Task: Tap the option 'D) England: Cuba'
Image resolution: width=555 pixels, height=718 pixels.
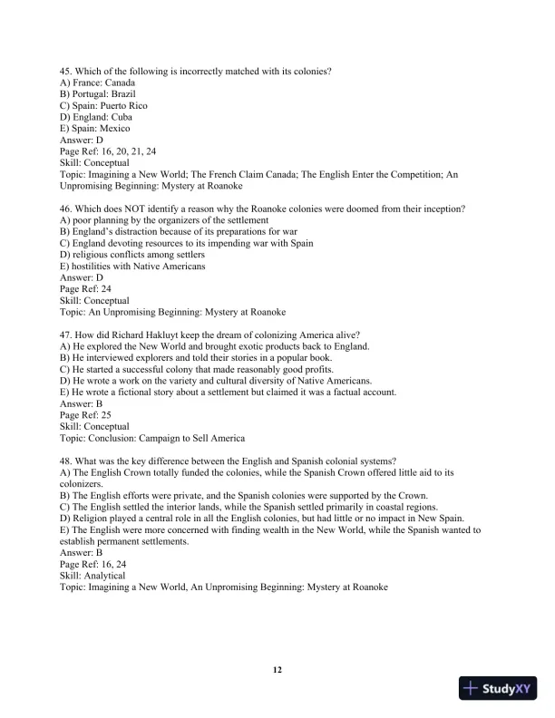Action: (x=97, y=117)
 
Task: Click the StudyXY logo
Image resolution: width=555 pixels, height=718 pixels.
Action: (x=499, y=688)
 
